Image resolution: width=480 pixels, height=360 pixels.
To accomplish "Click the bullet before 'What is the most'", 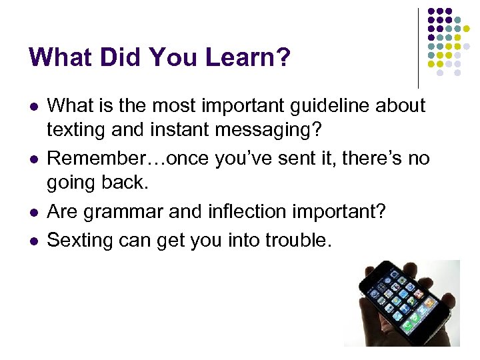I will tap(33, 106).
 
